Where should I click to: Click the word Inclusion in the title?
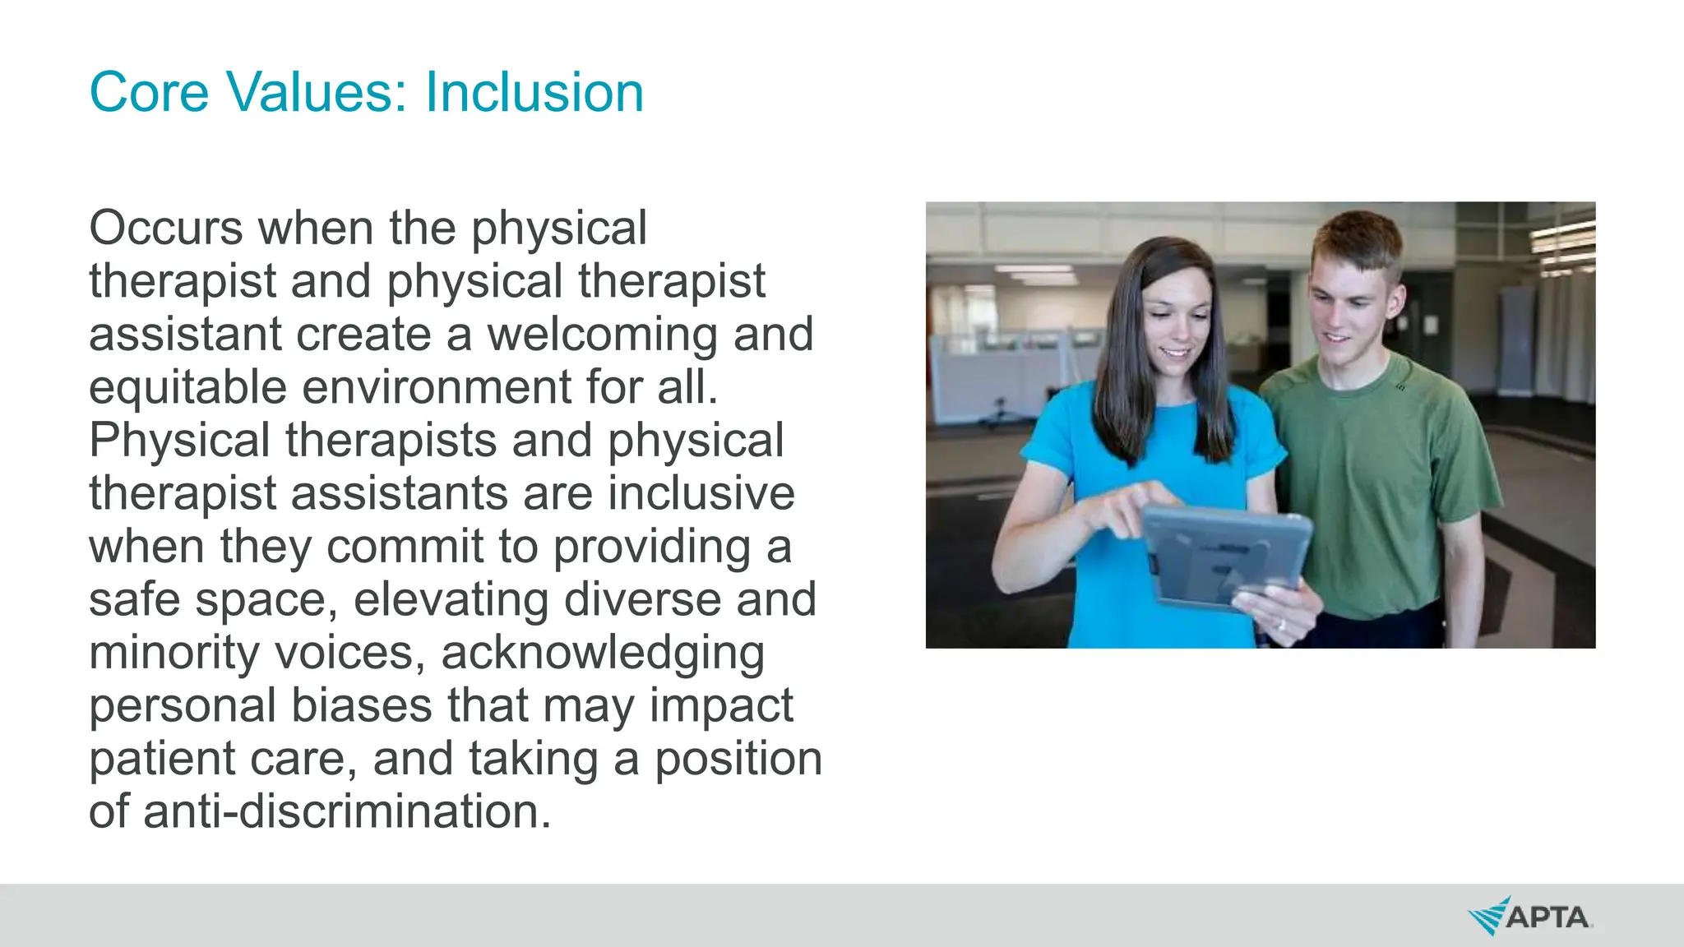534,92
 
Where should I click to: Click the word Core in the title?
149,92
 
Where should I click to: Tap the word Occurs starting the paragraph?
165,228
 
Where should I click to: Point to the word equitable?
187,388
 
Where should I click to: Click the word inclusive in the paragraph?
701,494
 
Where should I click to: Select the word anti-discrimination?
346,812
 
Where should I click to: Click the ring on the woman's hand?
1280,625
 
